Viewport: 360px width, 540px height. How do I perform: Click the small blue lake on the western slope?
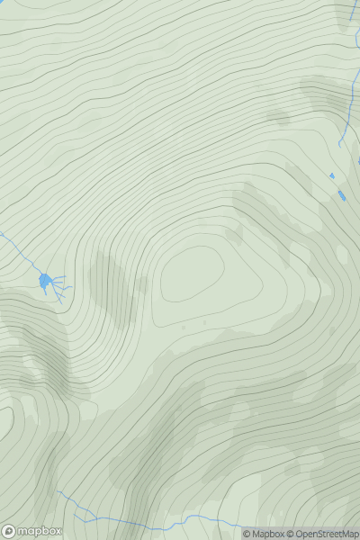pos(45,282)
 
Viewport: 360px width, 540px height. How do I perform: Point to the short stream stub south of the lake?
pos(45,292)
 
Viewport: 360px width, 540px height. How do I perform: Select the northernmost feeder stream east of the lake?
pos(58,276)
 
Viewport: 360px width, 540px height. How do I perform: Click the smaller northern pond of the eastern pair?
pos(332,175)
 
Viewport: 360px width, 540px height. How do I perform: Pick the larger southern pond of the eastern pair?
pos(341,194)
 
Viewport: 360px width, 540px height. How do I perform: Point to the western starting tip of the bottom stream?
pos(59,492)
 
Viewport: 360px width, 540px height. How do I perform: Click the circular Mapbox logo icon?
pos(9,531)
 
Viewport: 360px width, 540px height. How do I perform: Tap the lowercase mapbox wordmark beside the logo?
pos(40,531)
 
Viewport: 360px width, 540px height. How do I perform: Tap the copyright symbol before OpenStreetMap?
pos(290,534)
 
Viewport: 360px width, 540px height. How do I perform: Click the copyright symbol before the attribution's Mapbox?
pos(247,534)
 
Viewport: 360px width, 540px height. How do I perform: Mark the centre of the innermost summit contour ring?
pos(192,274)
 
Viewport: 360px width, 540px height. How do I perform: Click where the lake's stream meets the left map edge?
pos(1,234)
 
